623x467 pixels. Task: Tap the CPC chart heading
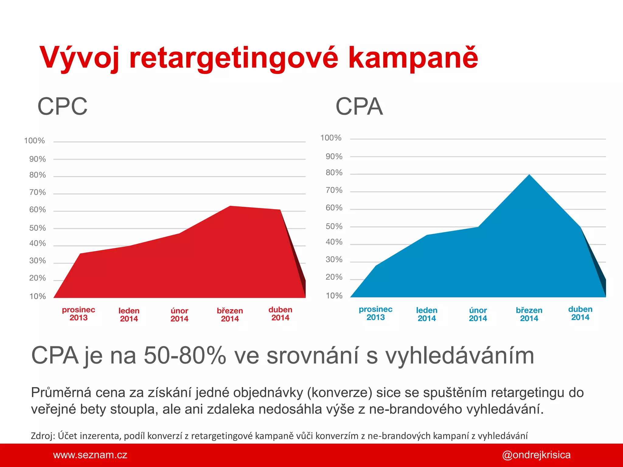click(x=62, y=106)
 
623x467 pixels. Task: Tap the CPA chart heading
click(x=359, y=106)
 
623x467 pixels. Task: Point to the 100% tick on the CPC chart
click(x=34, y=141)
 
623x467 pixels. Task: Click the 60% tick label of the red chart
click(x=37, y=210)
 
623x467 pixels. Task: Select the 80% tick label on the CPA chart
click(x=334, y=173)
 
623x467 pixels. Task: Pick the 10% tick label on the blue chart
click(x=334, y=296)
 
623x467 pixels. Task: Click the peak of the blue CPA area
click(x=529, y=175)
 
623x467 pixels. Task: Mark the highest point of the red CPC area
click(x=230, y=206)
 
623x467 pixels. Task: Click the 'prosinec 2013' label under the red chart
click(x=78, y=314)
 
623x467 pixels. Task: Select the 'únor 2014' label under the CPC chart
click(x=179, y=315)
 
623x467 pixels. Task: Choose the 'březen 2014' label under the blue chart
click(x=529, y=314)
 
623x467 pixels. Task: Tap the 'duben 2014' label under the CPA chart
click(x=580, y=313)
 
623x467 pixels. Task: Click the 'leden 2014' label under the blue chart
click(x=427, y=314)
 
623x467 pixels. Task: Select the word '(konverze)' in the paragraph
click(x=339, y=393)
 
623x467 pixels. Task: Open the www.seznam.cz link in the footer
click(x=90, y=455)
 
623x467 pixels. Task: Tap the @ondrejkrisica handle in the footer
click(x=536, y=455)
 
